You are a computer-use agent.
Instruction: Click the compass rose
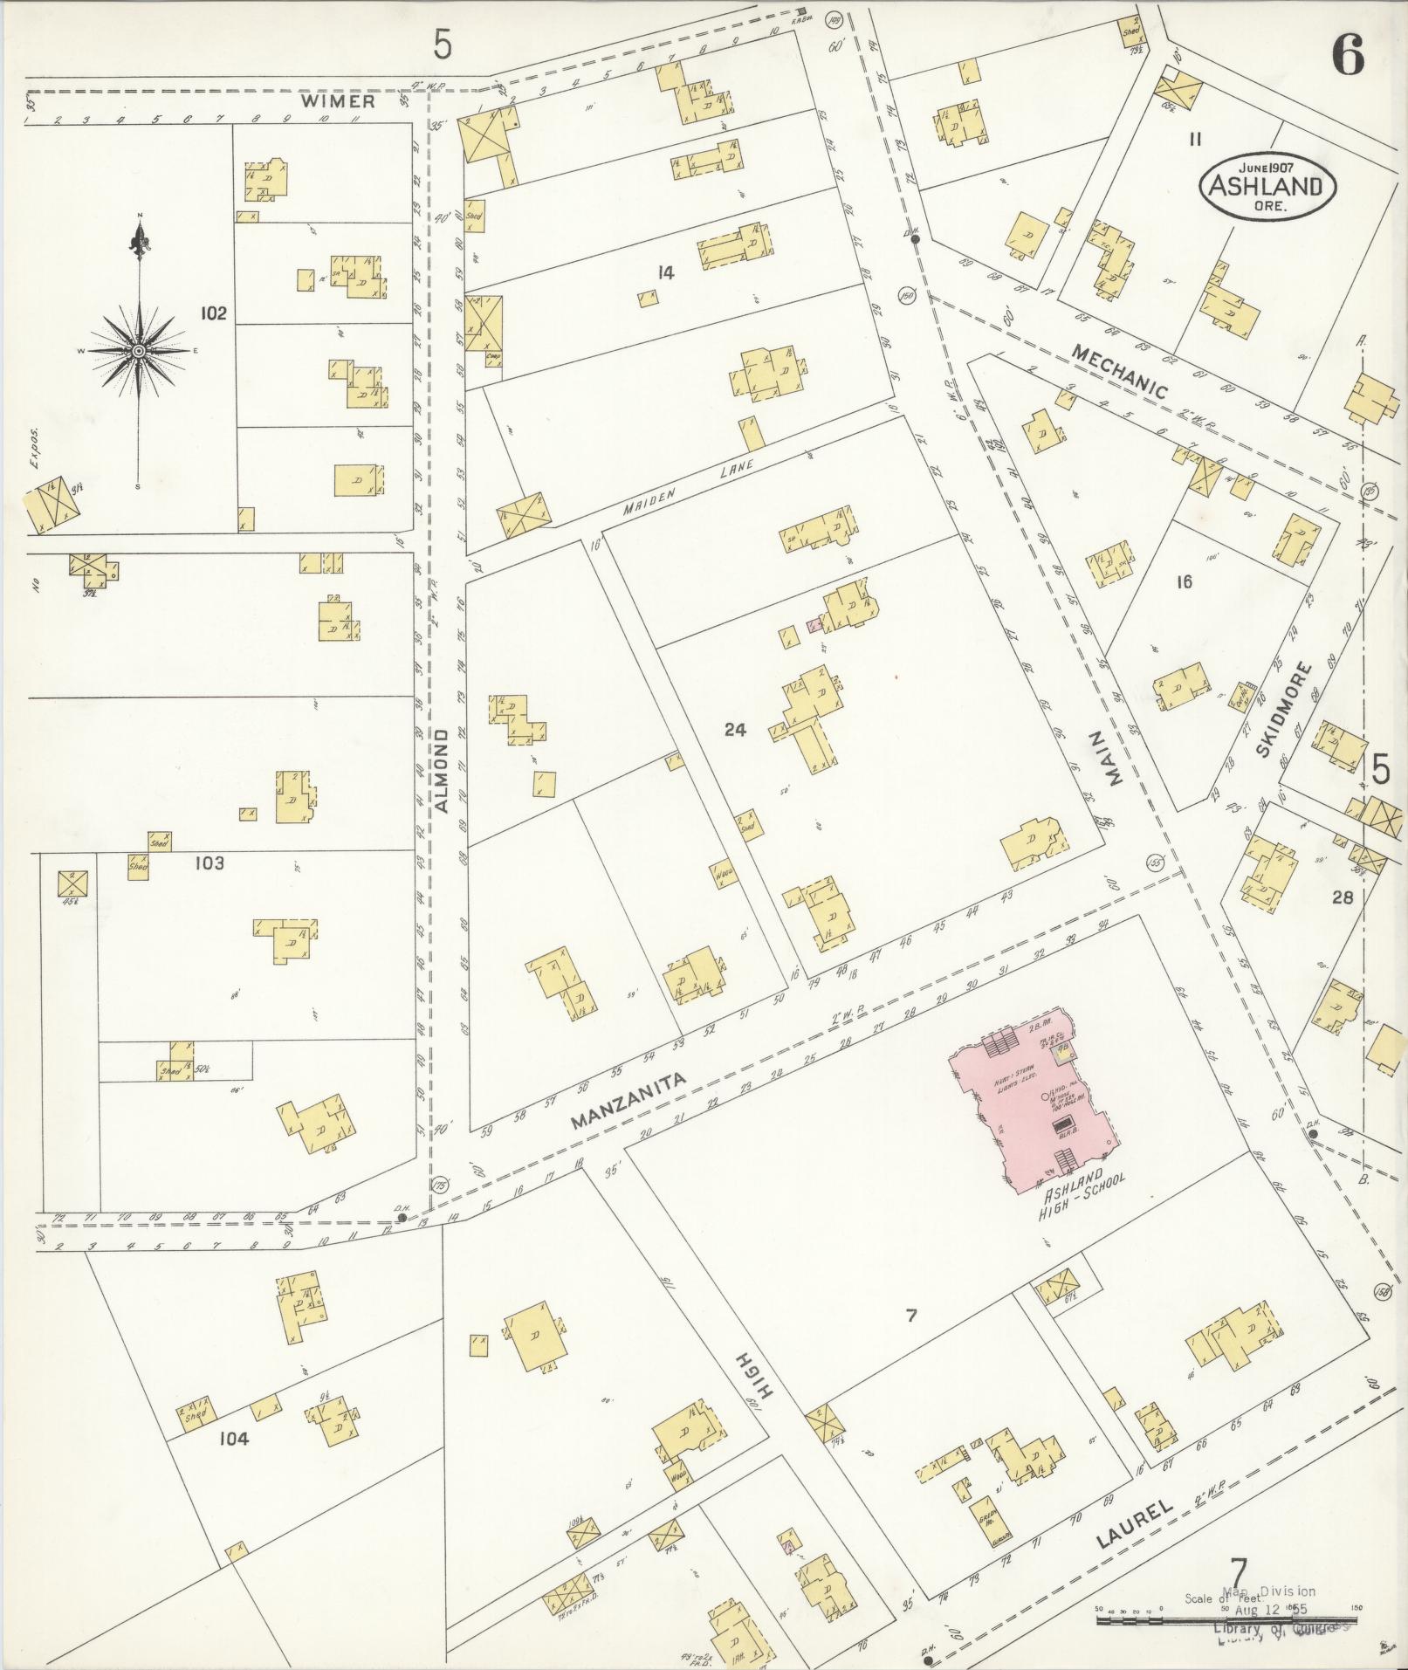138,351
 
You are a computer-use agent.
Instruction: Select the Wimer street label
339,101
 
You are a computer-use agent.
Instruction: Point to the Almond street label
442,771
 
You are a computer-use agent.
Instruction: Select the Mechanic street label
1118,371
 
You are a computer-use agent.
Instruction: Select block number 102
213,313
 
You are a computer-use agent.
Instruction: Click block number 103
209,863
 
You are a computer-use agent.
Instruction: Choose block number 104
234,1438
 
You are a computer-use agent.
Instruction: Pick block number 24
735,729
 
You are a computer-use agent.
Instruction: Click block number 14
666,273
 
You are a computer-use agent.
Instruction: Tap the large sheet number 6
1348,58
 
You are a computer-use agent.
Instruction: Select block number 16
1184,581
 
